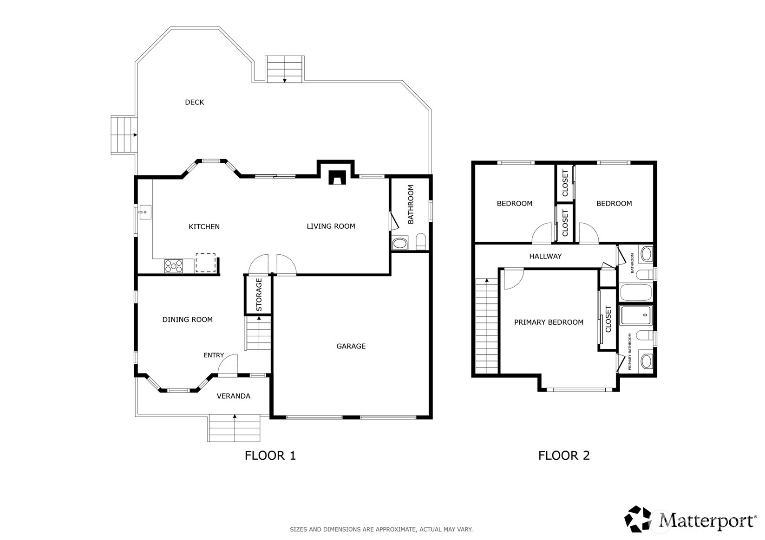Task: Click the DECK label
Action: coord(194,102)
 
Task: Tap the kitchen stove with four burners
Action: coord(174,266)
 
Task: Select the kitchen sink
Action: coord(145,212)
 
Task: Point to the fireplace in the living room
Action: coord(337,177)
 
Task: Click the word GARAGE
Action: coord(351,346)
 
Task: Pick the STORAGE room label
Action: coord(259,295)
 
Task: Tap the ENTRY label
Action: coord(214,355)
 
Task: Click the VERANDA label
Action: coord(234,396)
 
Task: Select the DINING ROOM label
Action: coord(188,320)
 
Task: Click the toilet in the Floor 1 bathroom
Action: coord(421,242)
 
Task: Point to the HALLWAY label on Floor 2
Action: coord(545,256)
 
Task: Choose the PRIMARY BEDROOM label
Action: coord(549,322)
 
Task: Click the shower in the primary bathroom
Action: coord(636,315)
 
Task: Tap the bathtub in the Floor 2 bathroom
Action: coord(636,292)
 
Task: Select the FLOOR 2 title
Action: coord(564,456)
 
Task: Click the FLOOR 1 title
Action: coord(270,456)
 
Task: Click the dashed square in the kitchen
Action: coord(206,263)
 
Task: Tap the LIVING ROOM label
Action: coord(331,226)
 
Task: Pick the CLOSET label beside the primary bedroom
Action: coord(608,319)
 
